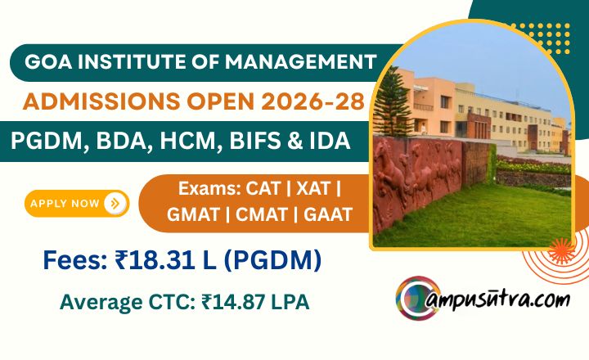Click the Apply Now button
[x=77, y=203]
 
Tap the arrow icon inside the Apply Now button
[x=115, y=203]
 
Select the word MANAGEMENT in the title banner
[x=301, y=62]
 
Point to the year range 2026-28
[x=312, y=101]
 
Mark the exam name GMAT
[x=193, y=215]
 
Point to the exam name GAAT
[x=328, y=215]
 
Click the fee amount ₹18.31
[x=155, y=260]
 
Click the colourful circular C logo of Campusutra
[x=418, y=298]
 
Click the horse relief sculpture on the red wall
[x=417, y=177]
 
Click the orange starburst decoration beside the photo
[x=561, y=250]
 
